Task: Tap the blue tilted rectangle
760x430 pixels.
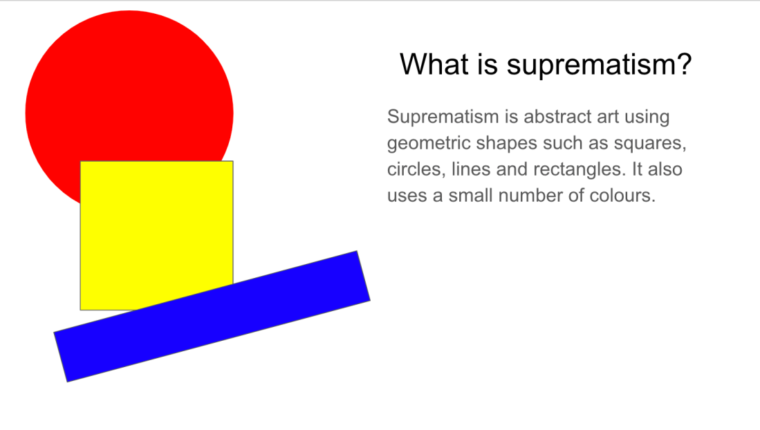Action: pos(212,316)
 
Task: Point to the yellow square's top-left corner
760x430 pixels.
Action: pos(80,161)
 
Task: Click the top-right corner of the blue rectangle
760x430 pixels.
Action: pos(358,251)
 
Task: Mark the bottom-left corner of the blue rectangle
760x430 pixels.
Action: pos(67,382)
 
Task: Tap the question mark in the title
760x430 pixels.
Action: pos(684,64)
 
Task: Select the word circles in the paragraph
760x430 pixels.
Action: pos(414,169)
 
